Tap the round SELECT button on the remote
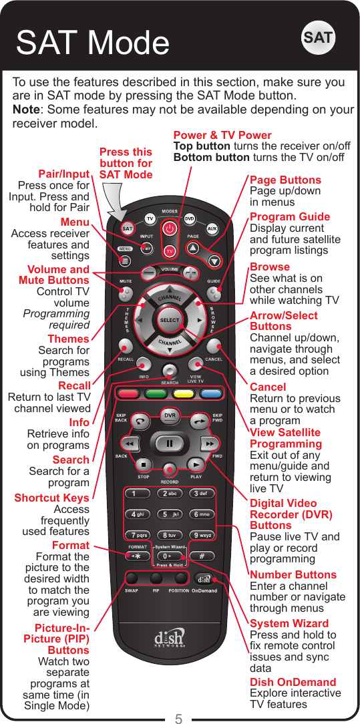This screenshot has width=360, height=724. (x=170, y=320)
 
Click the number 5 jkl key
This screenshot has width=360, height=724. (x=170, y=514)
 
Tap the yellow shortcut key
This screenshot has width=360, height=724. (x=184, y=393)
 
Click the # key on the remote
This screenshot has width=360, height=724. (x=201, y=556)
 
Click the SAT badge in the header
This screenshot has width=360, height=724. (x=318, y=38)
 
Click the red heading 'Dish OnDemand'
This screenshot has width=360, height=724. (x=293, y=682)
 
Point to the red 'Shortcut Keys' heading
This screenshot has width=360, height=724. (x=51, y=498)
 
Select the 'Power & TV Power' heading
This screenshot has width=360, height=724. (x=222, y=135)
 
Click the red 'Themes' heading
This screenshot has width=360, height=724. (x=68, y=339)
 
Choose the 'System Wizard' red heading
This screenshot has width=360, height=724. (x=289, y=623)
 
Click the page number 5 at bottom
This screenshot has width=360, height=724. (x=179, y=719)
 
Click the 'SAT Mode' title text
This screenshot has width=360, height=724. (x=93, y=43)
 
